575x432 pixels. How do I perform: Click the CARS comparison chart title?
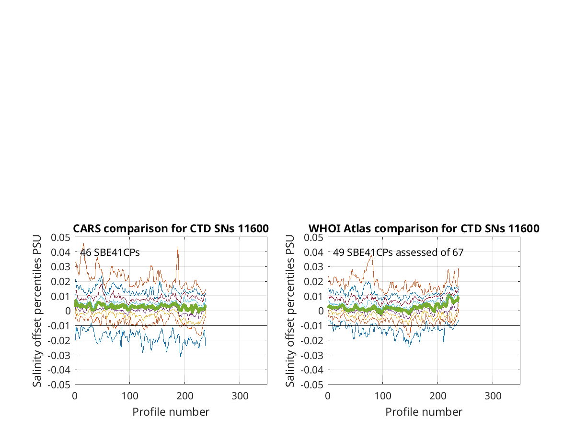tap(171, 228)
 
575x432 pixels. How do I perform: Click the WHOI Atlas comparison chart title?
tap(424, 228)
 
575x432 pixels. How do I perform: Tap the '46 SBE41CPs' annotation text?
tap(110, 252)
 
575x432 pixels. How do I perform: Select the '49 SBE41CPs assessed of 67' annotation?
tap(398, 252)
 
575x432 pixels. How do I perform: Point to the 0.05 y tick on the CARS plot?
tap(60, 238)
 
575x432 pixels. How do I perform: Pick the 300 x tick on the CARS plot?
tap(240, 396)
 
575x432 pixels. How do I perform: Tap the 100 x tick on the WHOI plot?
tap(383, 396)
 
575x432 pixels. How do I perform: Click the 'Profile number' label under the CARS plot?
tap(171, 412)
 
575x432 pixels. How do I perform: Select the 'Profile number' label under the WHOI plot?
tap(424, 412)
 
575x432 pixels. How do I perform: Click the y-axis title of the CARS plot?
tap(37, 311)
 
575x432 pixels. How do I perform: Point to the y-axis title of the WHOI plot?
tap(290, 311)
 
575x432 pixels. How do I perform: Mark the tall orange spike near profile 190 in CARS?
tap(178, 247)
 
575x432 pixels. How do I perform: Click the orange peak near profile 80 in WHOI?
tap(371, 255)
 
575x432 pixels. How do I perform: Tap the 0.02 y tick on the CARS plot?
tap(60, 282)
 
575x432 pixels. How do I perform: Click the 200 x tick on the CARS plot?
tap(184, 396)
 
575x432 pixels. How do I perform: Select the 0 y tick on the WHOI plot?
tap(321, 311)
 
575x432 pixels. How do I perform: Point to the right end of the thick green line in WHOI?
tap(458, 299)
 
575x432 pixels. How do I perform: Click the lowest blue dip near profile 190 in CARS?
tap(181, 357)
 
